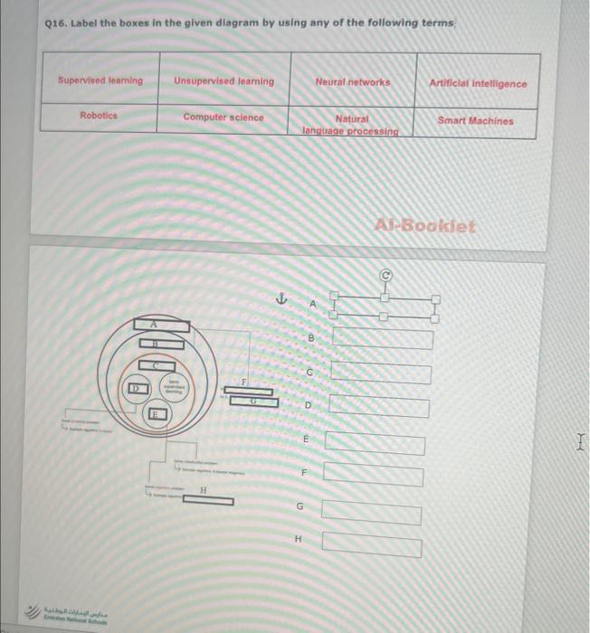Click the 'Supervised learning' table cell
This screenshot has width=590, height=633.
tap(100, 80)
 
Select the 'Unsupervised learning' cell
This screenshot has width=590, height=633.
tap(224, 81)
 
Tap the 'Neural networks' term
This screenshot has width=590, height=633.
tap(353, 82)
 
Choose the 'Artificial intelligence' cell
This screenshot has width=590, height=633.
tap(478, 83)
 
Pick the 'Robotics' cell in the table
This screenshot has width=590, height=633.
tap(99, 116)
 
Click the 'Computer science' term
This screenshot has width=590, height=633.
tap(224, 118)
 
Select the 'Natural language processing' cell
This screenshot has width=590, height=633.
tap(352, 125)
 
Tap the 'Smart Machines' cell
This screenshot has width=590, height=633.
tap(475, 120)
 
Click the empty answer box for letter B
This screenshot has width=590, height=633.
tap(382, 339)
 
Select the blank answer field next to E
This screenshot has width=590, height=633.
tap(375, 444)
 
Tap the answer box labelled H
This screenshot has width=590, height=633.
tap(371, 545)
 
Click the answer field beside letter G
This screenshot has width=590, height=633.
tap(372, 514)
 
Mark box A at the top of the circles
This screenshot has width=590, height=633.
tap(162, 324)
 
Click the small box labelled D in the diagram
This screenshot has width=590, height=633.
tap(137, 388)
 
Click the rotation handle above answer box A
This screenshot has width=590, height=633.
tap(385, 270)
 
